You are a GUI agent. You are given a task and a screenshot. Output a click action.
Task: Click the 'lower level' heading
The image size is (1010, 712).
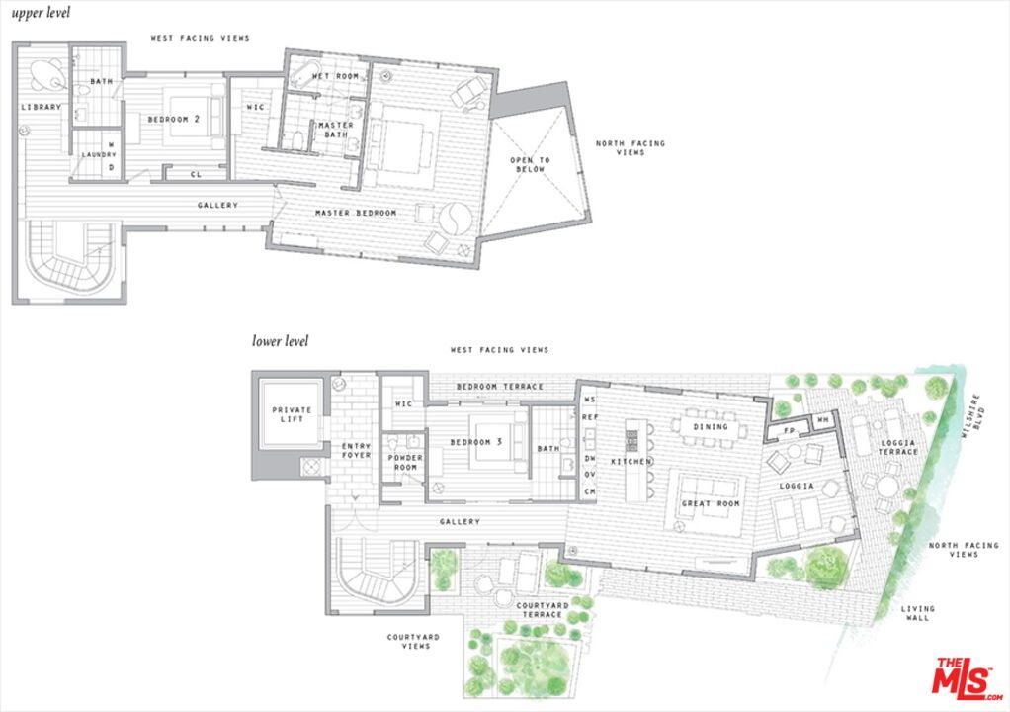coord(280,341)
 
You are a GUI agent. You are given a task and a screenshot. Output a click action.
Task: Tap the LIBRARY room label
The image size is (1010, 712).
coord(41,107)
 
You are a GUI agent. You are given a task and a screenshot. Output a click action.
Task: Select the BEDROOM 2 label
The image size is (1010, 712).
coord(174,120)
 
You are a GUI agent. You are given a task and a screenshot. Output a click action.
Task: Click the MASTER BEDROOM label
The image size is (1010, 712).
coord(356,213)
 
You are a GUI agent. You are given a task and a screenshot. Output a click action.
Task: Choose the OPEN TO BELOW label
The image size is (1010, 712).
coord(530,164)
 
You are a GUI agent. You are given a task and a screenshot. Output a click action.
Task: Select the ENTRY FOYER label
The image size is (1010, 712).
coord(356,450)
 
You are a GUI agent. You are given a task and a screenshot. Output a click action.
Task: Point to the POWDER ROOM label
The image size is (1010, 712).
coord(405,463)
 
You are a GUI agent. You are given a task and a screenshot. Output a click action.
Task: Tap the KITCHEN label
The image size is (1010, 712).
coord(630,462)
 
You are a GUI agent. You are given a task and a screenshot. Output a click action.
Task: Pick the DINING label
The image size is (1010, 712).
coord(711,427)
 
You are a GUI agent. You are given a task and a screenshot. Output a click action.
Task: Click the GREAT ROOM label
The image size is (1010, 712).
coord(710,503)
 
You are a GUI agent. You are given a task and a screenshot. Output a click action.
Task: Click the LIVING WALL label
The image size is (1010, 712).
coord(918,613)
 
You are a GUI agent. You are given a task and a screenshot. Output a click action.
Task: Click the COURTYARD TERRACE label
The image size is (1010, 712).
coord(541,609)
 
